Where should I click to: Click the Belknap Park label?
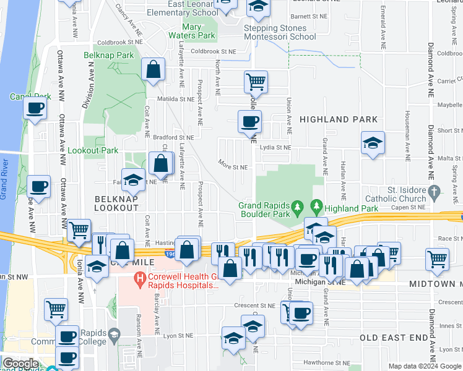(x=108, y=55)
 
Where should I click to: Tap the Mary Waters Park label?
(x=201, y=32)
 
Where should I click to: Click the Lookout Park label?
(x=92, y=150)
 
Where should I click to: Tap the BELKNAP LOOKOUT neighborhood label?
(x=116, y=203)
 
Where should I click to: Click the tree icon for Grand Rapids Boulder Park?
(x=298, y=205)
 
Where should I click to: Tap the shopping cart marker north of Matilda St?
(x=256, y=80)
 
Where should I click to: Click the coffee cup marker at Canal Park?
(x=35, y=108)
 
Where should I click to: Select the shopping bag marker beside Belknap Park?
(x=153, y=69)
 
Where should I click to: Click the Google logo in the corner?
(x=20, y=364)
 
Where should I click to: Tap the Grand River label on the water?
(x=6, y=178)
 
